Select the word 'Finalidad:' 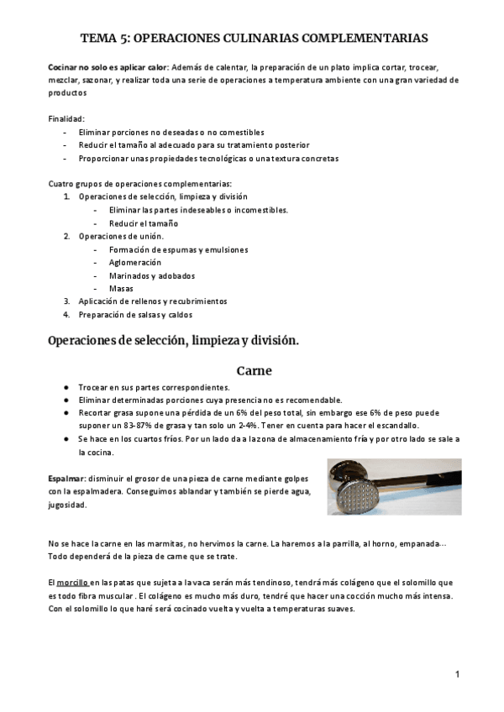click(x=66, y=119)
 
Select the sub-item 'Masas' click(x=121, y=288)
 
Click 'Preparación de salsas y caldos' click(x=135, y=315)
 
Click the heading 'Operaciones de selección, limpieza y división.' click(x=174, y=341)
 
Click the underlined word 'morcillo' click(x=73, y=582)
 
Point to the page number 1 click(x=457, y=674)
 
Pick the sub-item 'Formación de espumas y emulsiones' click(x=178, y=249)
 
